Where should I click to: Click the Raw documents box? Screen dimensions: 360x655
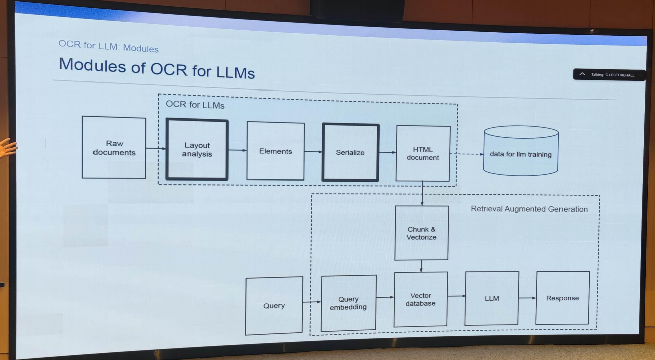coord(114,148)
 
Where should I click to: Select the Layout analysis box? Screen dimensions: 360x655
coord(197,150)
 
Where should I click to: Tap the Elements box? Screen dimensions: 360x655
coord(275,151)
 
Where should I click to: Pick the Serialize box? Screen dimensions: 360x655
coord(350,152)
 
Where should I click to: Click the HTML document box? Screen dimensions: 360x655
coord(423,153)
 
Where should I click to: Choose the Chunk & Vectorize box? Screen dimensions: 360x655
coord(422,233)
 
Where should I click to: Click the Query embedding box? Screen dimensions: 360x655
coord(348,303)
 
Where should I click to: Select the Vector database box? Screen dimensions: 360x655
coord(421,299)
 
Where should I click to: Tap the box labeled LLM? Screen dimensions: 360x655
coord(492,298)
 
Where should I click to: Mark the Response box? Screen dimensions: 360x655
coord(563,298)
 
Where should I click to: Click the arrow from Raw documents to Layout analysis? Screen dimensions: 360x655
coord(156,148)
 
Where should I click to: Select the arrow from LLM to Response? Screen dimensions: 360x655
coord(527,298)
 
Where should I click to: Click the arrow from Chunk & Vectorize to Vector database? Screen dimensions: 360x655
coord(421,266)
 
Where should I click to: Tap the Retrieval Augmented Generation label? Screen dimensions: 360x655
coord(529,209)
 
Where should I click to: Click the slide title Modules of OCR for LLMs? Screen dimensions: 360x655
coord(157,68)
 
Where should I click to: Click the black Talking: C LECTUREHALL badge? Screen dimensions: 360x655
coord(609,75)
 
